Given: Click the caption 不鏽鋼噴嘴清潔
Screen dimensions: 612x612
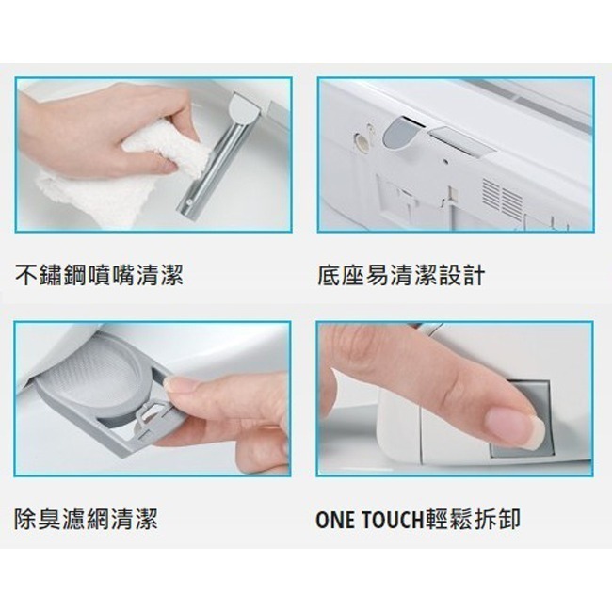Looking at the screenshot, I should (x=99, y=276).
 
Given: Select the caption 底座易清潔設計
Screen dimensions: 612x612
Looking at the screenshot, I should (x=402, y=276).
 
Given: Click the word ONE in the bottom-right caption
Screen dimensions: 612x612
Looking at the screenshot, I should (x=337, y=519).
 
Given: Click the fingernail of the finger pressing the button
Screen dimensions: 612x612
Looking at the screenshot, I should (x=514, y=427).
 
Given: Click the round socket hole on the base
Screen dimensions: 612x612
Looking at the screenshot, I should (x=361, y=140).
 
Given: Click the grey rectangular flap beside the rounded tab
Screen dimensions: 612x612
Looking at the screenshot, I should (x=461, y=141).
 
